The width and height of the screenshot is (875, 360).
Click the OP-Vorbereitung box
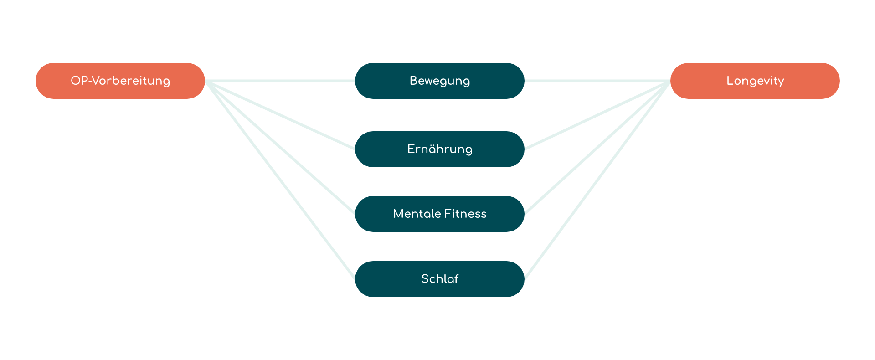point(120,81)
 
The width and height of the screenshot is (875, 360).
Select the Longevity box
point(755,81)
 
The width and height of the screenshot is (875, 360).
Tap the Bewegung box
point(439,81)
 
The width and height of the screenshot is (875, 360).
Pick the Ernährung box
point(439,149)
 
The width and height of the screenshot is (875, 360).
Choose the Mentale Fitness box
point(439,214)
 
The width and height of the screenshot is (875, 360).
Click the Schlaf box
point(439,279)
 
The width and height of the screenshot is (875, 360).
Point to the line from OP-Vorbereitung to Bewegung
point(280,81)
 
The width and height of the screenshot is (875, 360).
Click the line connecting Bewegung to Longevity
point(597,81)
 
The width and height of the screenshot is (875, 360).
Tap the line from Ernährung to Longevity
point(597,115)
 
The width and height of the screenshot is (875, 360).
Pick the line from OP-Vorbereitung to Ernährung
point(280,115)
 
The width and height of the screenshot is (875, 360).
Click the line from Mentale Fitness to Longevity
point(597,147)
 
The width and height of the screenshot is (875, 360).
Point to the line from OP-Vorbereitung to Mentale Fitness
point(280,147)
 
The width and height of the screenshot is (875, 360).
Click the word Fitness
point(465,214)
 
